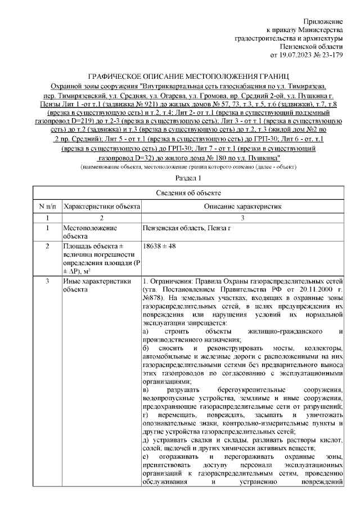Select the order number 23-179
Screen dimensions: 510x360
coord(328,55)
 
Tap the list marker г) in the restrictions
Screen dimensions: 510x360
coord(147,414)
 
